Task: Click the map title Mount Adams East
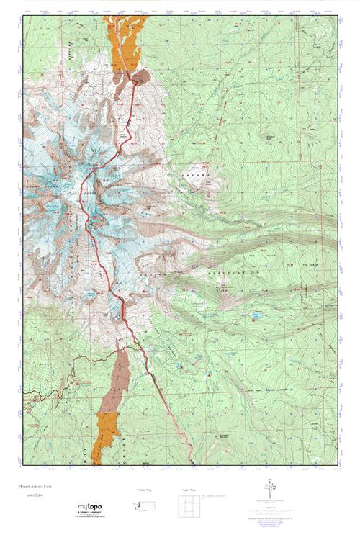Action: point(42,487)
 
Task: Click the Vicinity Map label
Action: point(145,490)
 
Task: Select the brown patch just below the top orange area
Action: point(140,75)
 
